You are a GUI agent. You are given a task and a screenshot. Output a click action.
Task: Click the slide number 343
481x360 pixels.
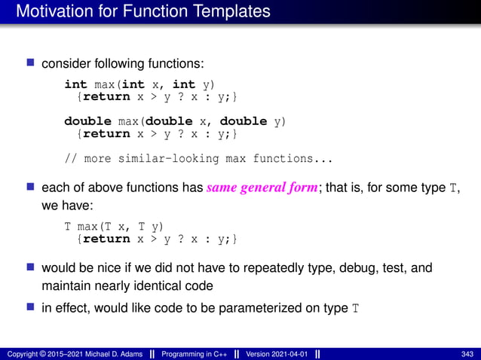click(467, 354)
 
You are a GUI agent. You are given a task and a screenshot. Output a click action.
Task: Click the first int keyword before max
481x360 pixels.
click(75, 84)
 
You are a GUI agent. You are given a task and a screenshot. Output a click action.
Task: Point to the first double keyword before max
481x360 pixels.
click(85, 121)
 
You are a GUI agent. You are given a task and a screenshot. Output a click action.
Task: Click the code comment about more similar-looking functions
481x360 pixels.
click(198, 158)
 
